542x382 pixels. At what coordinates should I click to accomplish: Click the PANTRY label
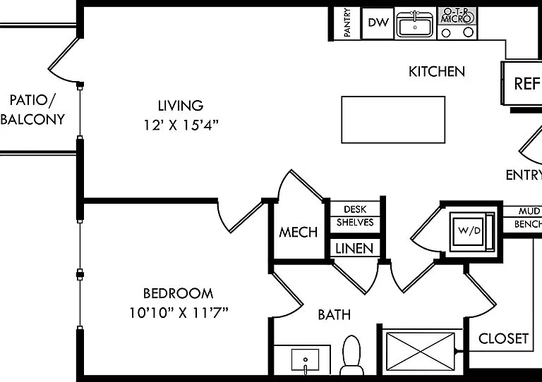click(x=347, y=23)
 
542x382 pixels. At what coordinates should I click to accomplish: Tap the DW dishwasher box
click(x=378, y=23)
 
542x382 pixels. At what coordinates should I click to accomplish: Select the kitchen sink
click(x=415, y=24)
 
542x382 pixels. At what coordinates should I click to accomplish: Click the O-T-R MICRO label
click(x=457, y=16)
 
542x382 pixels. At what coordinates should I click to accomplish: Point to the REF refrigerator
click(x=522, y=83)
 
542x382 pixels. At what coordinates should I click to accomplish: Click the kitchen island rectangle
click(x=393, y=119)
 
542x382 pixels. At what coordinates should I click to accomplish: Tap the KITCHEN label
click(x=437, y=71)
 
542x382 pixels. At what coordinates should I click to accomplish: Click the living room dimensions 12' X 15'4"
click(x=181, y=125)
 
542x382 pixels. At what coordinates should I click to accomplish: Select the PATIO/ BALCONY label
click(x=33, y=109)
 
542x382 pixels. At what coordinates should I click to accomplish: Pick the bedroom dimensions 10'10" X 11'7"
click(x=179, y=313)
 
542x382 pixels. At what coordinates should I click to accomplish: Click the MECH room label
click(x=298, y=233)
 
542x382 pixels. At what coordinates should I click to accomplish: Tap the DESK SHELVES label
click(x=355, y=216)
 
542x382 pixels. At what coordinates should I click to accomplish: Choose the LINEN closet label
click(x=354, y=249)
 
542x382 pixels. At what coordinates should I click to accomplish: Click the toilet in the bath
click(x=351, y=355)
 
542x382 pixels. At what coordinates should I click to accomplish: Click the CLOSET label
click(x=503, y=338)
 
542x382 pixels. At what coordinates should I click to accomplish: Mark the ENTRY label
click(x=524, y=175)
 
